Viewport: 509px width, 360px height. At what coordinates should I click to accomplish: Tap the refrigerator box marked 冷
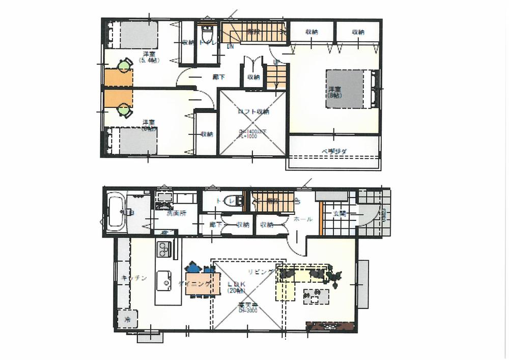[126, 320]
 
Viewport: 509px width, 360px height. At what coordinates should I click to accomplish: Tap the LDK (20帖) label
[236, 287]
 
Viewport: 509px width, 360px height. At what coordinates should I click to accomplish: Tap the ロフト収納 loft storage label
[253, 112]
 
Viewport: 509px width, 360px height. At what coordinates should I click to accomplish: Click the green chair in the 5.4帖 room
[125, 65]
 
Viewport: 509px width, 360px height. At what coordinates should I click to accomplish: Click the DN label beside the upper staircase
[230, 47]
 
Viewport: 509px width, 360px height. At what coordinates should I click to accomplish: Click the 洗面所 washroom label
[177, 213]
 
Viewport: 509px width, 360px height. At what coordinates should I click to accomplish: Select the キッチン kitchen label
[135, 278]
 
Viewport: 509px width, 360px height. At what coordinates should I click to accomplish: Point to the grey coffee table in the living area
[316, 295]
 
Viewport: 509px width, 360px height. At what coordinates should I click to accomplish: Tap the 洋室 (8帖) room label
[334, 92]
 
